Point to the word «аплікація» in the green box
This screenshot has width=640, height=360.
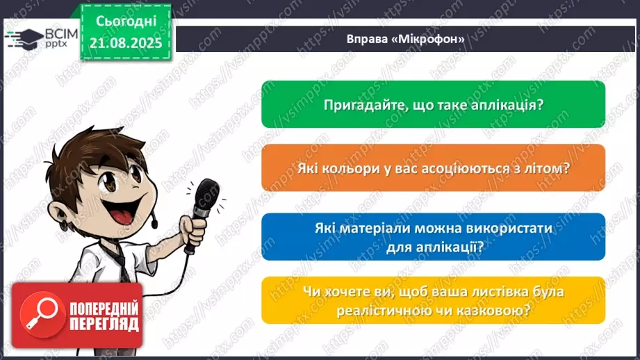[x=509, y=104]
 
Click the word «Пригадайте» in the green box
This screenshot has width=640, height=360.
[x=360, y=104]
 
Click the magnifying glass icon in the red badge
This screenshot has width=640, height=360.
[x=32, y=313]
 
